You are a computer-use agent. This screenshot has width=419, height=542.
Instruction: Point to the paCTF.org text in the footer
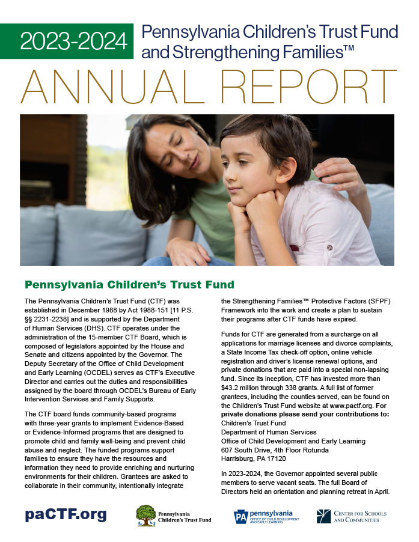coord(66,514)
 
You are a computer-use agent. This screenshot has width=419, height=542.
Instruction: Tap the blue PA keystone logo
coord(241,516)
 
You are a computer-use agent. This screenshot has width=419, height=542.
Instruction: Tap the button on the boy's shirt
coord(329,247)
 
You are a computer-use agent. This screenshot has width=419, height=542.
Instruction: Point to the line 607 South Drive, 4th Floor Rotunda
coord(275,450)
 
